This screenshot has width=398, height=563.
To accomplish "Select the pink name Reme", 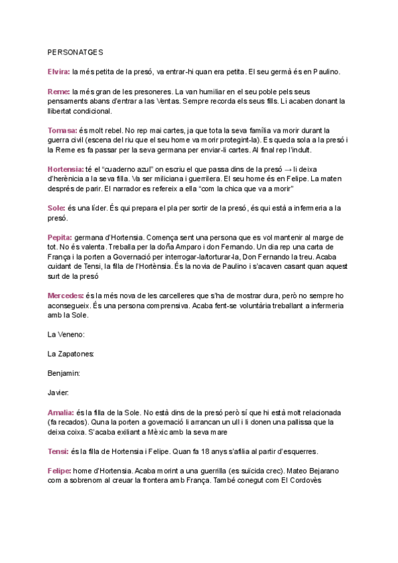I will pos(59,91).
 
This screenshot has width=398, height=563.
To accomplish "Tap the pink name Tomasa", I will pos(62,130).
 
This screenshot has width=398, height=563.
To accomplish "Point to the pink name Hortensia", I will pos(65,169).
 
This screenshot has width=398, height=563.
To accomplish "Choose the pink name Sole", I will pos(56,208).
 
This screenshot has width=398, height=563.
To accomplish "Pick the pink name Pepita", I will pos(60,238).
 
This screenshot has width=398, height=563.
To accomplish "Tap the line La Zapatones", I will pos(71,354).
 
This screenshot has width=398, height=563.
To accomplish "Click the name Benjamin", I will pos(64,373).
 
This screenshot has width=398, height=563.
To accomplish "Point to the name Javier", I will pos(59,393).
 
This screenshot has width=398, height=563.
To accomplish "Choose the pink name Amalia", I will pos(61,412).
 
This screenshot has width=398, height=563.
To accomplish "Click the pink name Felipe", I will pos(60,471).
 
